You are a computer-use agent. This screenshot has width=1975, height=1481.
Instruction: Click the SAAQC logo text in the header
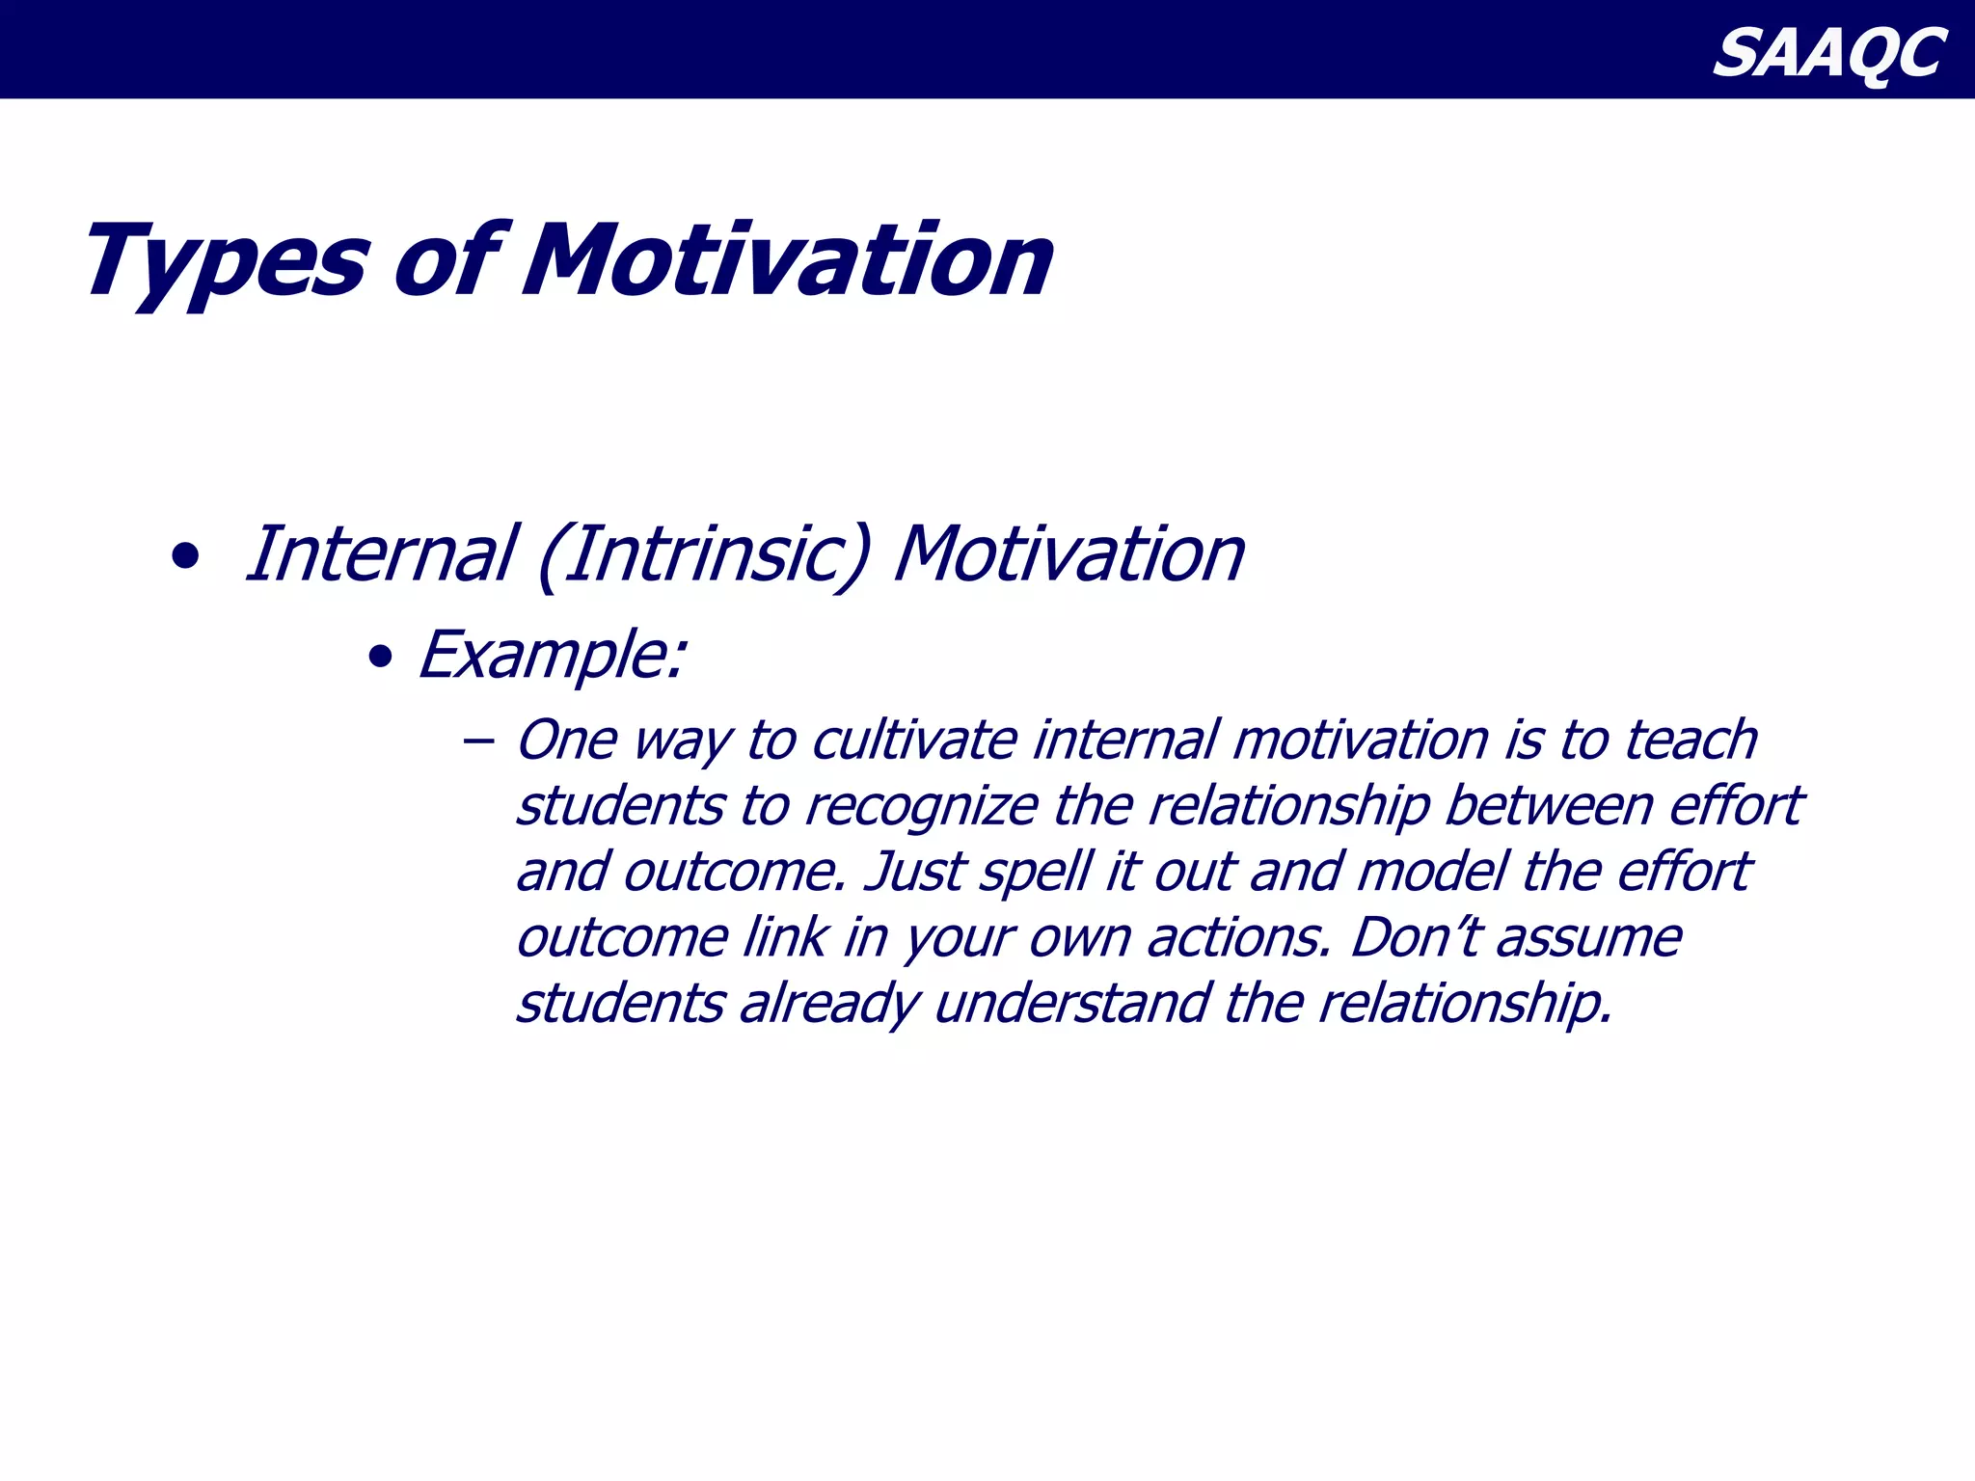[1828, 54]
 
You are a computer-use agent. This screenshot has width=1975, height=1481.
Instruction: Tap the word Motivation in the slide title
[787, 260]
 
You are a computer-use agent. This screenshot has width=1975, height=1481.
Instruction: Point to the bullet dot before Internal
[184, 557]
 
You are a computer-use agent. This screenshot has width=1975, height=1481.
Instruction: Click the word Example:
[552, 656]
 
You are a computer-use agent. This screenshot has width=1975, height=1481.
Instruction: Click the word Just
[914, 872]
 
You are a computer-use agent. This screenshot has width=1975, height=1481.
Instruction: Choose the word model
[1431, 872]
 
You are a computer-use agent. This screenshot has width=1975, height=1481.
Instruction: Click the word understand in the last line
[1071, 1004]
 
